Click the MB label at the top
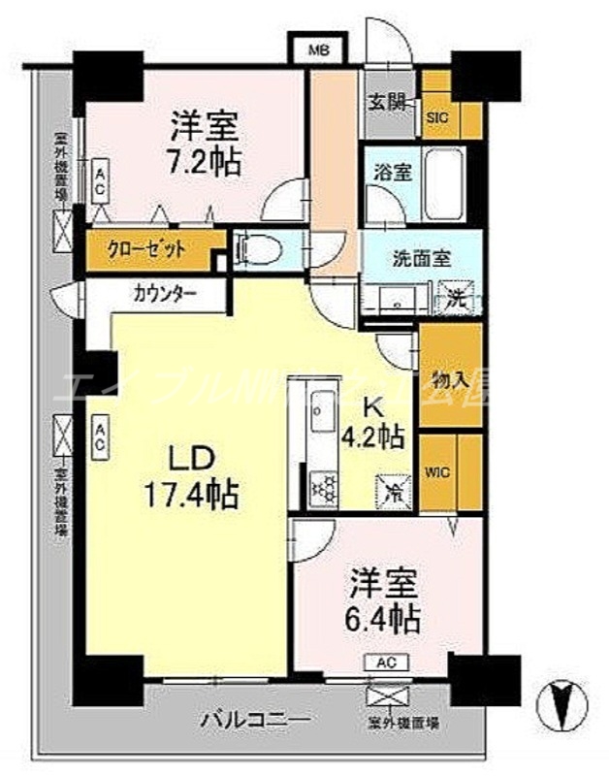click(317, 48)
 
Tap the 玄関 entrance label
click(386, 102)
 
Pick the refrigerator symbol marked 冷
click(396, 491)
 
